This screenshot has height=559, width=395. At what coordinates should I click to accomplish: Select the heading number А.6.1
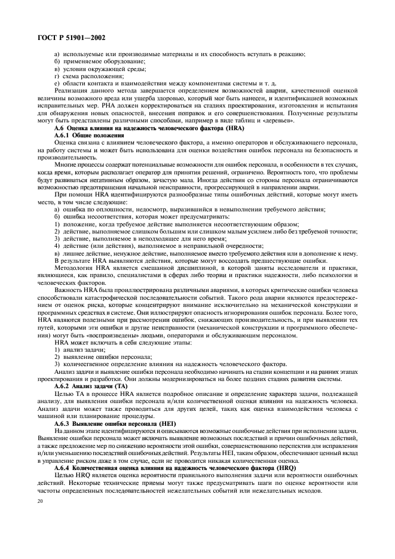(63, 136)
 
